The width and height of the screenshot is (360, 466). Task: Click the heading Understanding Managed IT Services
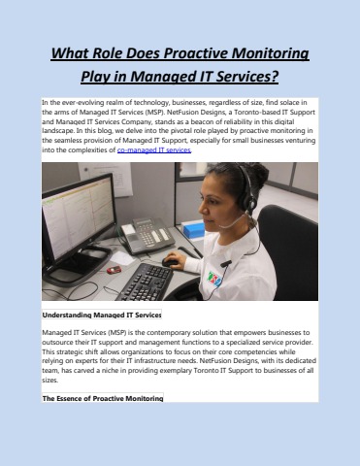click(101, 316)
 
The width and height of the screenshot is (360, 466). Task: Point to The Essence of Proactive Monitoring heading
click(102, 398)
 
